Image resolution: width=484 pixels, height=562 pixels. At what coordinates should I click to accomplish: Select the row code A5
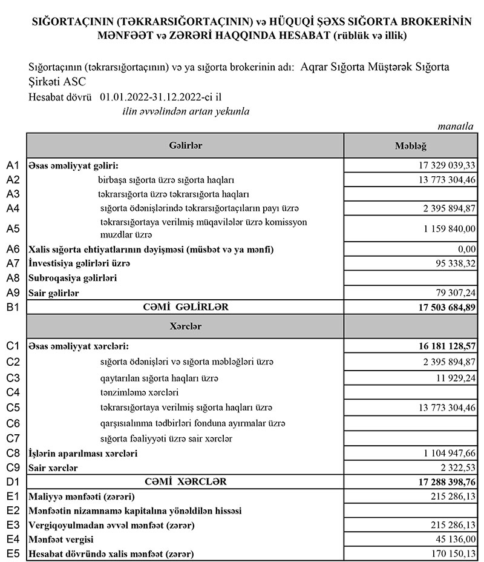(x=13, y=228)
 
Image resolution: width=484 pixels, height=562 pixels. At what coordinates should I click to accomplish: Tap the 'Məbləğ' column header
(x=411, y=146)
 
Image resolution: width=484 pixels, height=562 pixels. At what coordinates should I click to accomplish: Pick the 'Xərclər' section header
(x=185, y=326)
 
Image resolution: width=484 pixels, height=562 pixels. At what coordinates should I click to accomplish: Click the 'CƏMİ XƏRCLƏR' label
(x=185, y=482)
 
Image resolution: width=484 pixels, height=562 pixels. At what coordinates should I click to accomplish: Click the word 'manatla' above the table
(x=456, y=126)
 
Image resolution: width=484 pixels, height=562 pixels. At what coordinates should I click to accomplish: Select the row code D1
(x=13, y=482)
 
